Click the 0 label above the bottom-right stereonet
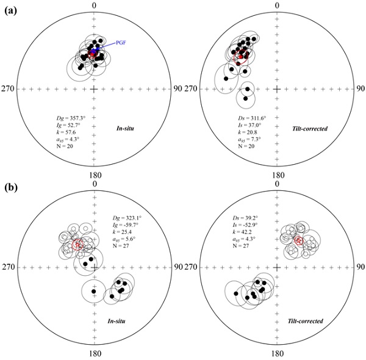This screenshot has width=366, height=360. tap(277, 184)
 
